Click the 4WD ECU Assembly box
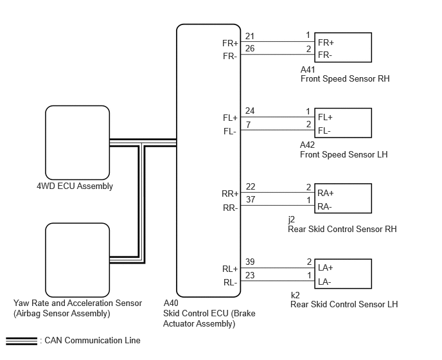78,143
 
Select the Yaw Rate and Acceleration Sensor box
78,260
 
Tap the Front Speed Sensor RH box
343,48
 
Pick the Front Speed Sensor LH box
343,123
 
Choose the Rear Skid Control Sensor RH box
343,199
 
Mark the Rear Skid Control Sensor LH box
343,274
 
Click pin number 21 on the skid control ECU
250,36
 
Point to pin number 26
250,48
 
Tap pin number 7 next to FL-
248,125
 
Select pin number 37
251,199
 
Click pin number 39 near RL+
250,262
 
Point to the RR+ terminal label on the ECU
230,194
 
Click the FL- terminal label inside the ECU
230,131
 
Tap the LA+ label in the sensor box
325,267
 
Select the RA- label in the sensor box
324,207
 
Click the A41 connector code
308,69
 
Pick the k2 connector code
295,295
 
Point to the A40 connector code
171,303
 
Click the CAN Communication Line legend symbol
21,341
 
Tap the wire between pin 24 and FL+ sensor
278,117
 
